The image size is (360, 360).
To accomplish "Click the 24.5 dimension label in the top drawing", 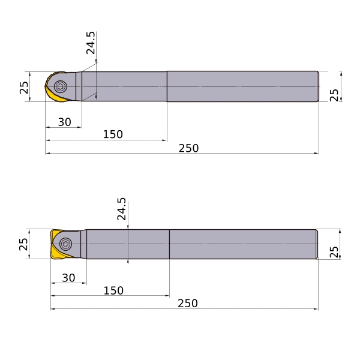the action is pyautogui.click(x=91, y=43).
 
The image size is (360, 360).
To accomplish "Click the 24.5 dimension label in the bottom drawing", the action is pyautogui.click(x=121, y=209).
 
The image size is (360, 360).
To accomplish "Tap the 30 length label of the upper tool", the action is pyautogui.click(x=65, y=122).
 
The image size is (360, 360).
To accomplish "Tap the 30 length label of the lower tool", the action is pyautogui.click(x=68, y=278).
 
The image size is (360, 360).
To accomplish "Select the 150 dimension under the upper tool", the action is pyautogui.click(x=113, y=134).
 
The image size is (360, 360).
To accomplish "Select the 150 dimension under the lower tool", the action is pyautogui.click(x=113, y=290).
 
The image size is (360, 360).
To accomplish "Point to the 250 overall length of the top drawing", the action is pyautogui.click(x=188, y=148).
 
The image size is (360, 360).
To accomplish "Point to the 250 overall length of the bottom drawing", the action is pyautogui.click(x=188, y=303).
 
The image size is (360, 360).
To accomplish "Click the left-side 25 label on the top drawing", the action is pyautogui.click(x=24, y=88).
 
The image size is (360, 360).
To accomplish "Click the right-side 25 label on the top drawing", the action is pyautogui.click(x=334, y=95).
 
